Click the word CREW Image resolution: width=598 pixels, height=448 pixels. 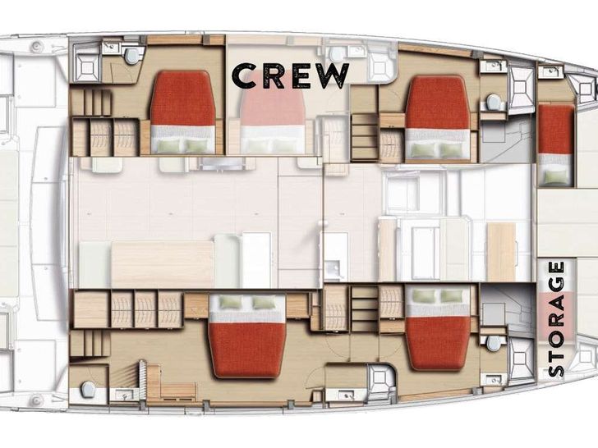pyautogui.click(x=291, y=75)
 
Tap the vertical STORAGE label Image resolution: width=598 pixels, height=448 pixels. pyautogui.click(x=556, y=318)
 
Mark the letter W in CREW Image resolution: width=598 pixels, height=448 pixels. pyautogui.click(x=333, y=75)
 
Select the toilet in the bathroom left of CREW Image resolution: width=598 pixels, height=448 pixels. pyautogui.click(x=132, y=55)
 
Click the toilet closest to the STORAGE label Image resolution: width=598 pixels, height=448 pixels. pyautogui.click(x=492, y=342)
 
